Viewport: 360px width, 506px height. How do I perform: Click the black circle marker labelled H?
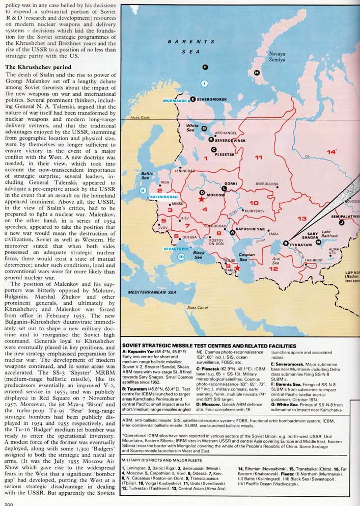click(257, 72)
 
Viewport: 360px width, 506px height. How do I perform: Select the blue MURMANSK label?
click(175, 100)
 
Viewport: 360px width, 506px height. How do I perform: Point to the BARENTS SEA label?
click(191, 47)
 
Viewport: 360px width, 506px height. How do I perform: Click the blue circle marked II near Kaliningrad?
click(143, 191)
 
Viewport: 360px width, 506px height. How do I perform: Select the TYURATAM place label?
click(304, 244)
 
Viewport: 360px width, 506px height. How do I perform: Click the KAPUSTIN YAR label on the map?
click(252, 229)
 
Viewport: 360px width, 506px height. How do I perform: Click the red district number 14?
click(331, 152)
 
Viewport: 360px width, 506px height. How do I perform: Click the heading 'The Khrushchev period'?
click(35, 67)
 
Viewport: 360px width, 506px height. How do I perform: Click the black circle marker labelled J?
click(342, 222)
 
